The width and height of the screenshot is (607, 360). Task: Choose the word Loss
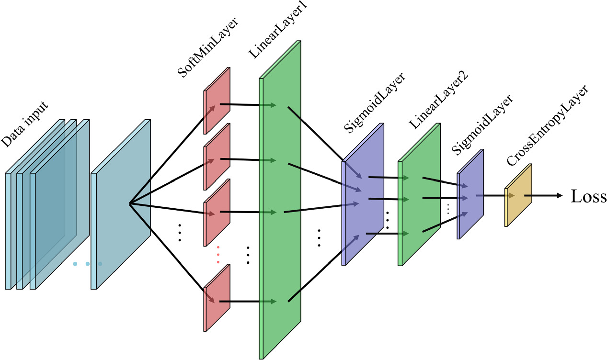pos(588,196)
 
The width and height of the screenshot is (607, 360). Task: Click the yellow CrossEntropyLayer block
pos(518,195)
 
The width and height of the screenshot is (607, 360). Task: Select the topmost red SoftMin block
pos(217,101)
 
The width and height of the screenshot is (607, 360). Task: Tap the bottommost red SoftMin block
pos(217,297)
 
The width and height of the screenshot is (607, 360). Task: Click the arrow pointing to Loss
pos(544,195)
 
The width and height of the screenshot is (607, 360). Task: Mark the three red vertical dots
pos(218,255)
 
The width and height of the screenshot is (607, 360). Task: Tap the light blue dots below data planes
pos(87,264)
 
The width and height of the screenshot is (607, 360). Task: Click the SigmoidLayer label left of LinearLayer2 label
pos(375,102)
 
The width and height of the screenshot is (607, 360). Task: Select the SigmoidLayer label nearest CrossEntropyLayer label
pos(482,124)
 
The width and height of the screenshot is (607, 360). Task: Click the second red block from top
pos(217,157)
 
